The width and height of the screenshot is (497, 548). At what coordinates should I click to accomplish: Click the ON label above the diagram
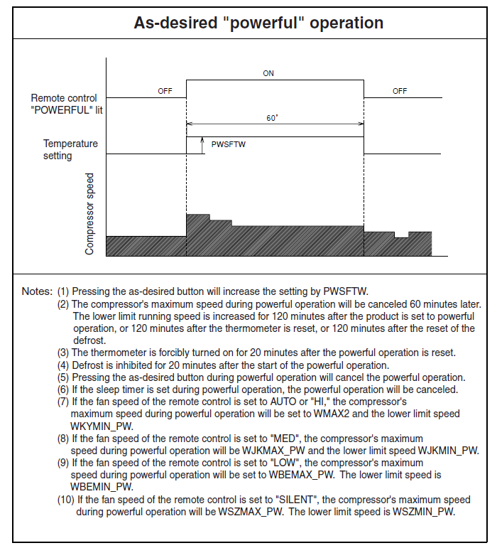[x=268, y=73]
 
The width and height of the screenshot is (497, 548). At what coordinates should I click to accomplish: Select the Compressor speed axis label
[x=89, y=213]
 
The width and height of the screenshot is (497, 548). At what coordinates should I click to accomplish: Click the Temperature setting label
[x=70, y=149]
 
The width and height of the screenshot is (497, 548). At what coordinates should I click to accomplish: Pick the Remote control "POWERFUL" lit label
[x=64, y=103]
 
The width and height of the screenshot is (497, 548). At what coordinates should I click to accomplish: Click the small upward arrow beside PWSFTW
[x=202, y=144]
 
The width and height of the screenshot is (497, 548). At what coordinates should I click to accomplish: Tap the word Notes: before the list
[x=36, y=291]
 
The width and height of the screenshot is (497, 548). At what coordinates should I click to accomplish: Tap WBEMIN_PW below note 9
[x=102, y=486]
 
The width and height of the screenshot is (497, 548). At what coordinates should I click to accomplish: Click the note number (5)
[x=63, y=377]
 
